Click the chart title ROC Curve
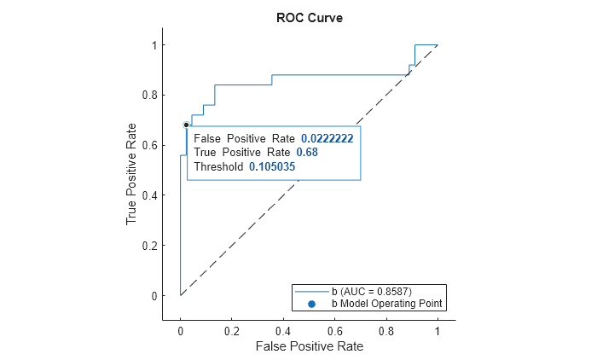(309, 18)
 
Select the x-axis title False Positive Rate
(309, 346)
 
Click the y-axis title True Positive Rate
(132, 177)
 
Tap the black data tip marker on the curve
(186, 125)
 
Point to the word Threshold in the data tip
(218, 166)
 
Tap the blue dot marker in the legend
(311, 303)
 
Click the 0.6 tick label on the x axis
(334, 330)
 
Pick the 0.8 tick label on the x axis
(385, 330)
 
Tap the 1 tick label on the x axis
(438, 330)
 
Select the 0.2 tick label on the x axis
(231, 330)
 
